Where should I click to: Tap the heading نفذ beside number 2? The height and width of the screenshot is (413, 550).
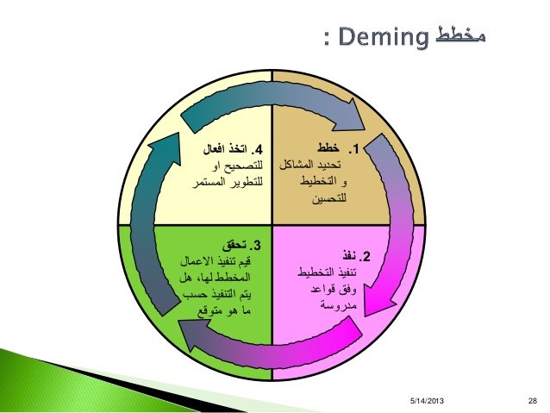pos(347,257)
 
